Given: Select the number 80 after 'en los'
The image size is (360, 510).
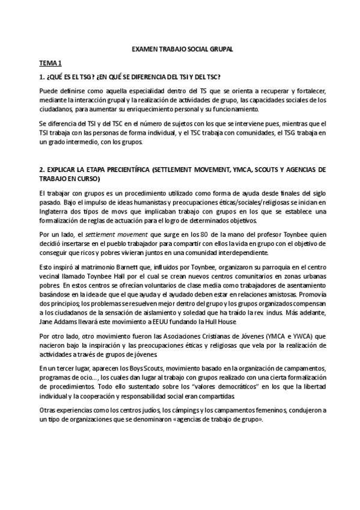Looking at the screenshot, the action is coord(204,233).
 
